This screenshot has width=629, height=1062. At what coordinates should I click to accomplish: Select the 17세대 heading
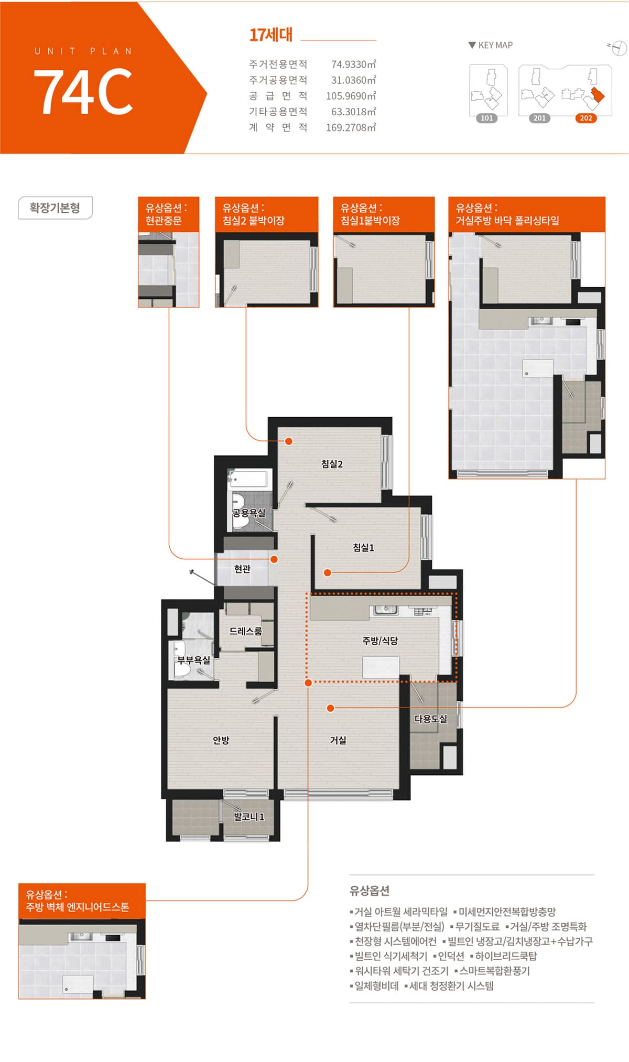click(x=270, y=35)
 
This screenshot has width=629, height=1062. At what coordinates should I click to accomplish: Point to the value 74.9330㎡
click(x=354, y=64)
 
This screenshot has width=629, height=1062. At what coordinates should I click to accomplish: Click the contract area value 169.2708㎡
click(x=351, y=127)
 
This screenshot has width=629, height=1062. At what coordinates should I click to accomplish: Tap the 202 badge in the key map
click(x=586, y=118)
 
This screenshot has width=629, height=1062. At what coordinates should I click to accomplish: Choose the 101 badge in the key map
click(x=487, y=118)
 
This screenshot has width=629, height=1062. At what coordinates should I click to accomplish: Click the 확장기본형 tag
click(x=55, y=208)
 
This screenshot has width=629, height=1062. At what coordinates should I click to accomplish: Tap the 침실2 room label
click(x=332, y=464)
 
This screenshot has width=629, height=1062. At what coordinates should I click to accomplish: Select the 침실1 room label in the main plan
click(x=363, y=548)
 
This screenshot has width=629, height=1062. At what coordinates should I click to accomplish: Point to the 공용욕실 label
click(x=249, y=513)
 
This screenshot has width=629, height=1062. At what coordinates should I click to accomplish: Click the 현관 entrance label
click(x=242, y=569)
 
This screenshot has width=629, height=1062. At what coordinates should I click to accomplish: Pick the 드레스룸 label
click(x=245, y=631)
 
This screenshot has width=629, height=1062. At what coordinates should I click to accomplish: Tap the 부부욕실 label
click(x=193, y=660)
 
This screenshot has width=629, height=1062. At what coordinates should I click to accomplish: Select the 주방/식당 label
click(x=380, y=641)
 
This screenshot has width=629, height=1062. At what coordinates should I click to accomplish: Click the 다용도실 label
click(x=431, y=719)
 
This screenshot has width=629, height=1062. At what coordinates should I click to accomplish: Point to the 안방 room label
click(x=221, y=740)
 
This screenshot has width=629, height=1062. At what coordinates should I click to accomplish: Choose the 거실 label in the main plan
click(x=338, y=740)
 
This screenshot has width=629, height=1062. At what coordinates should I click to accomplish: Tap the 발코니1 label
click(x=249, y=817)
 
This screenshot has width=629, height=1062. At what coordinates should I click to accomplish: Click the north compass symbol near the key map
click(x=619, y=48)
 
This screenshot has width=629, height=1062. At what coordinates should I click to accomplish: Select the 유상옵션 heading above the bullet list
click(x=370, y=891)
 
